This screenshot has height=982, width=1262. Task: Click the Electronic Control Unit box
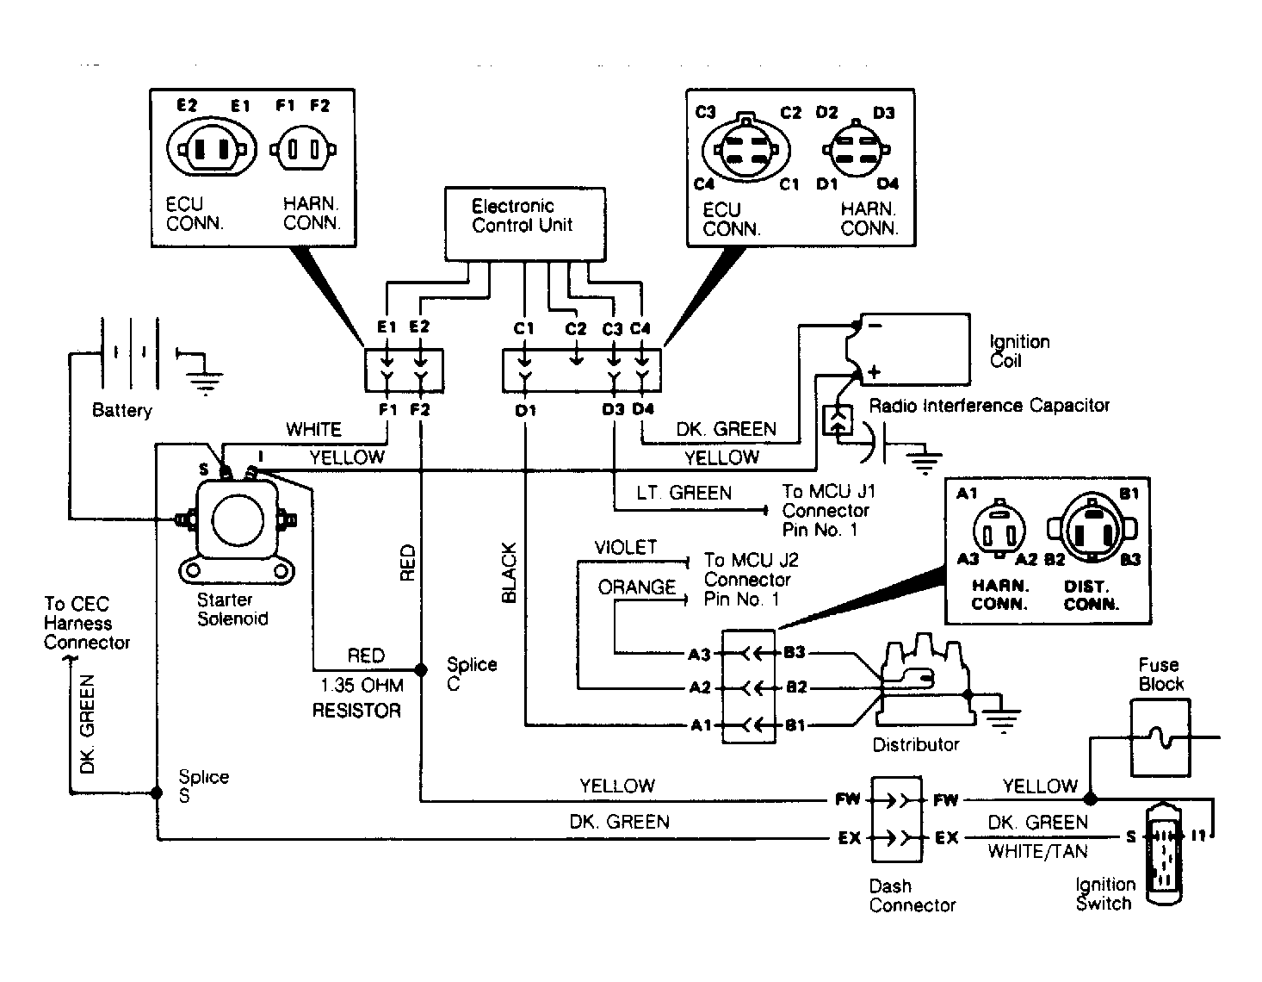tap(523, 224)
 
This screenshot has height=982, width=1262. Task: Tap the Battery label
tap(121, 411)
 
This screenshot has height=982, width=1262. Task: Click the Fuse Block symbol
tap(1159, 738)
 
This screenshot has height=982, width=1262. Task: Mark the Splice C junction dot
tap(420, 669)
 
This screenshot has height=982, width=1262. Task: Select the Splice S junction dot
tap(156, 792)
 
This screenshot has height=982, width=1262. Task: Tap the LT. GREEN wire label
tap(684, 493)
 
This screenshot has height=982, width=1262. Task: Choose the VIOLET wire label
tap(626, 548)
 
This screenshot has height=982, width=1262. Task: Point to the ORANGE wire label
tap(637, 587)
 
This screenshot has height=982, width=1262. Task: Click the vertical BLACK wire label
tap(509, 572)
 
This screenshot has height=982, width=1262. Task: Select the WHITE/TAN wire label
tap(1037, 851)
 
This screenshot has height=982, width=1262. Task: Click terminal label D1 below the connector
tap(525, 410)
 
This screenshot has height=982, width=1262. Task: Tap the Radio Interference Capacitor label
tap(989, 405)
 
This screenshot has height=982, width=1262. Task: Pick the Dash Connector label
tap(912, 896)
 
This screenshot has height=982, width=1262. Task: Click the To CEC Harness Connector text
tap(86, 623)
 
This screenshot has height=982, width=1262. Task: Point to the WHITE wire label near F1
tap(313, 429)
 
